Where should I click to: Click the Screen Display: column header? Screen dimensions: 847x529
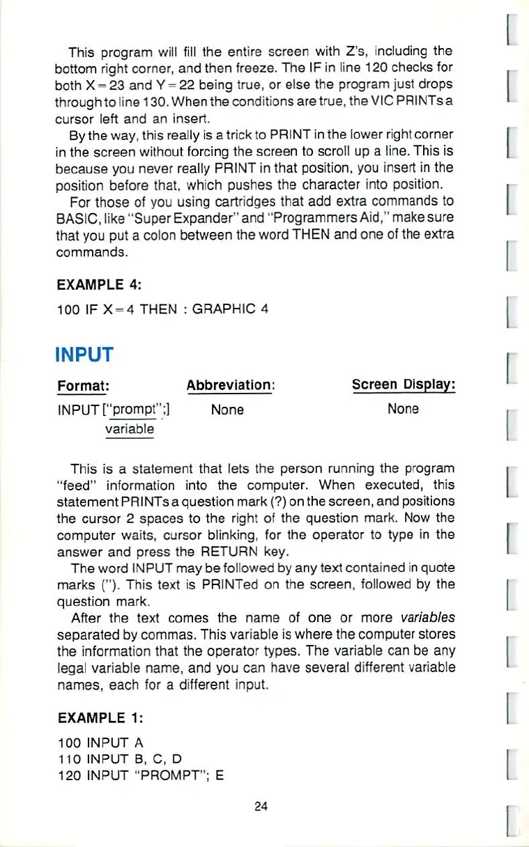pyautogui.click(x=404, y=384)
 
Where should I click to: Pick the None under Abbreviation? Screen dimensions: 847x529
pyautogui.click(x=227, y=410)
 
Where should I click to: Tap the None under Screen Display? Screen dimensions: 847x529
pyautogui.click(x=403, y=409)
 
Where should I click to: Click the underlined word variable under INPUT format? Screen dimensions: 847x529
pyautogui.click(x=130, y=429)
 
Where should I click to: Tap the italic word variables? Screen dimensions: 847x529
pyautogui.click(x=427, y=618)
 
